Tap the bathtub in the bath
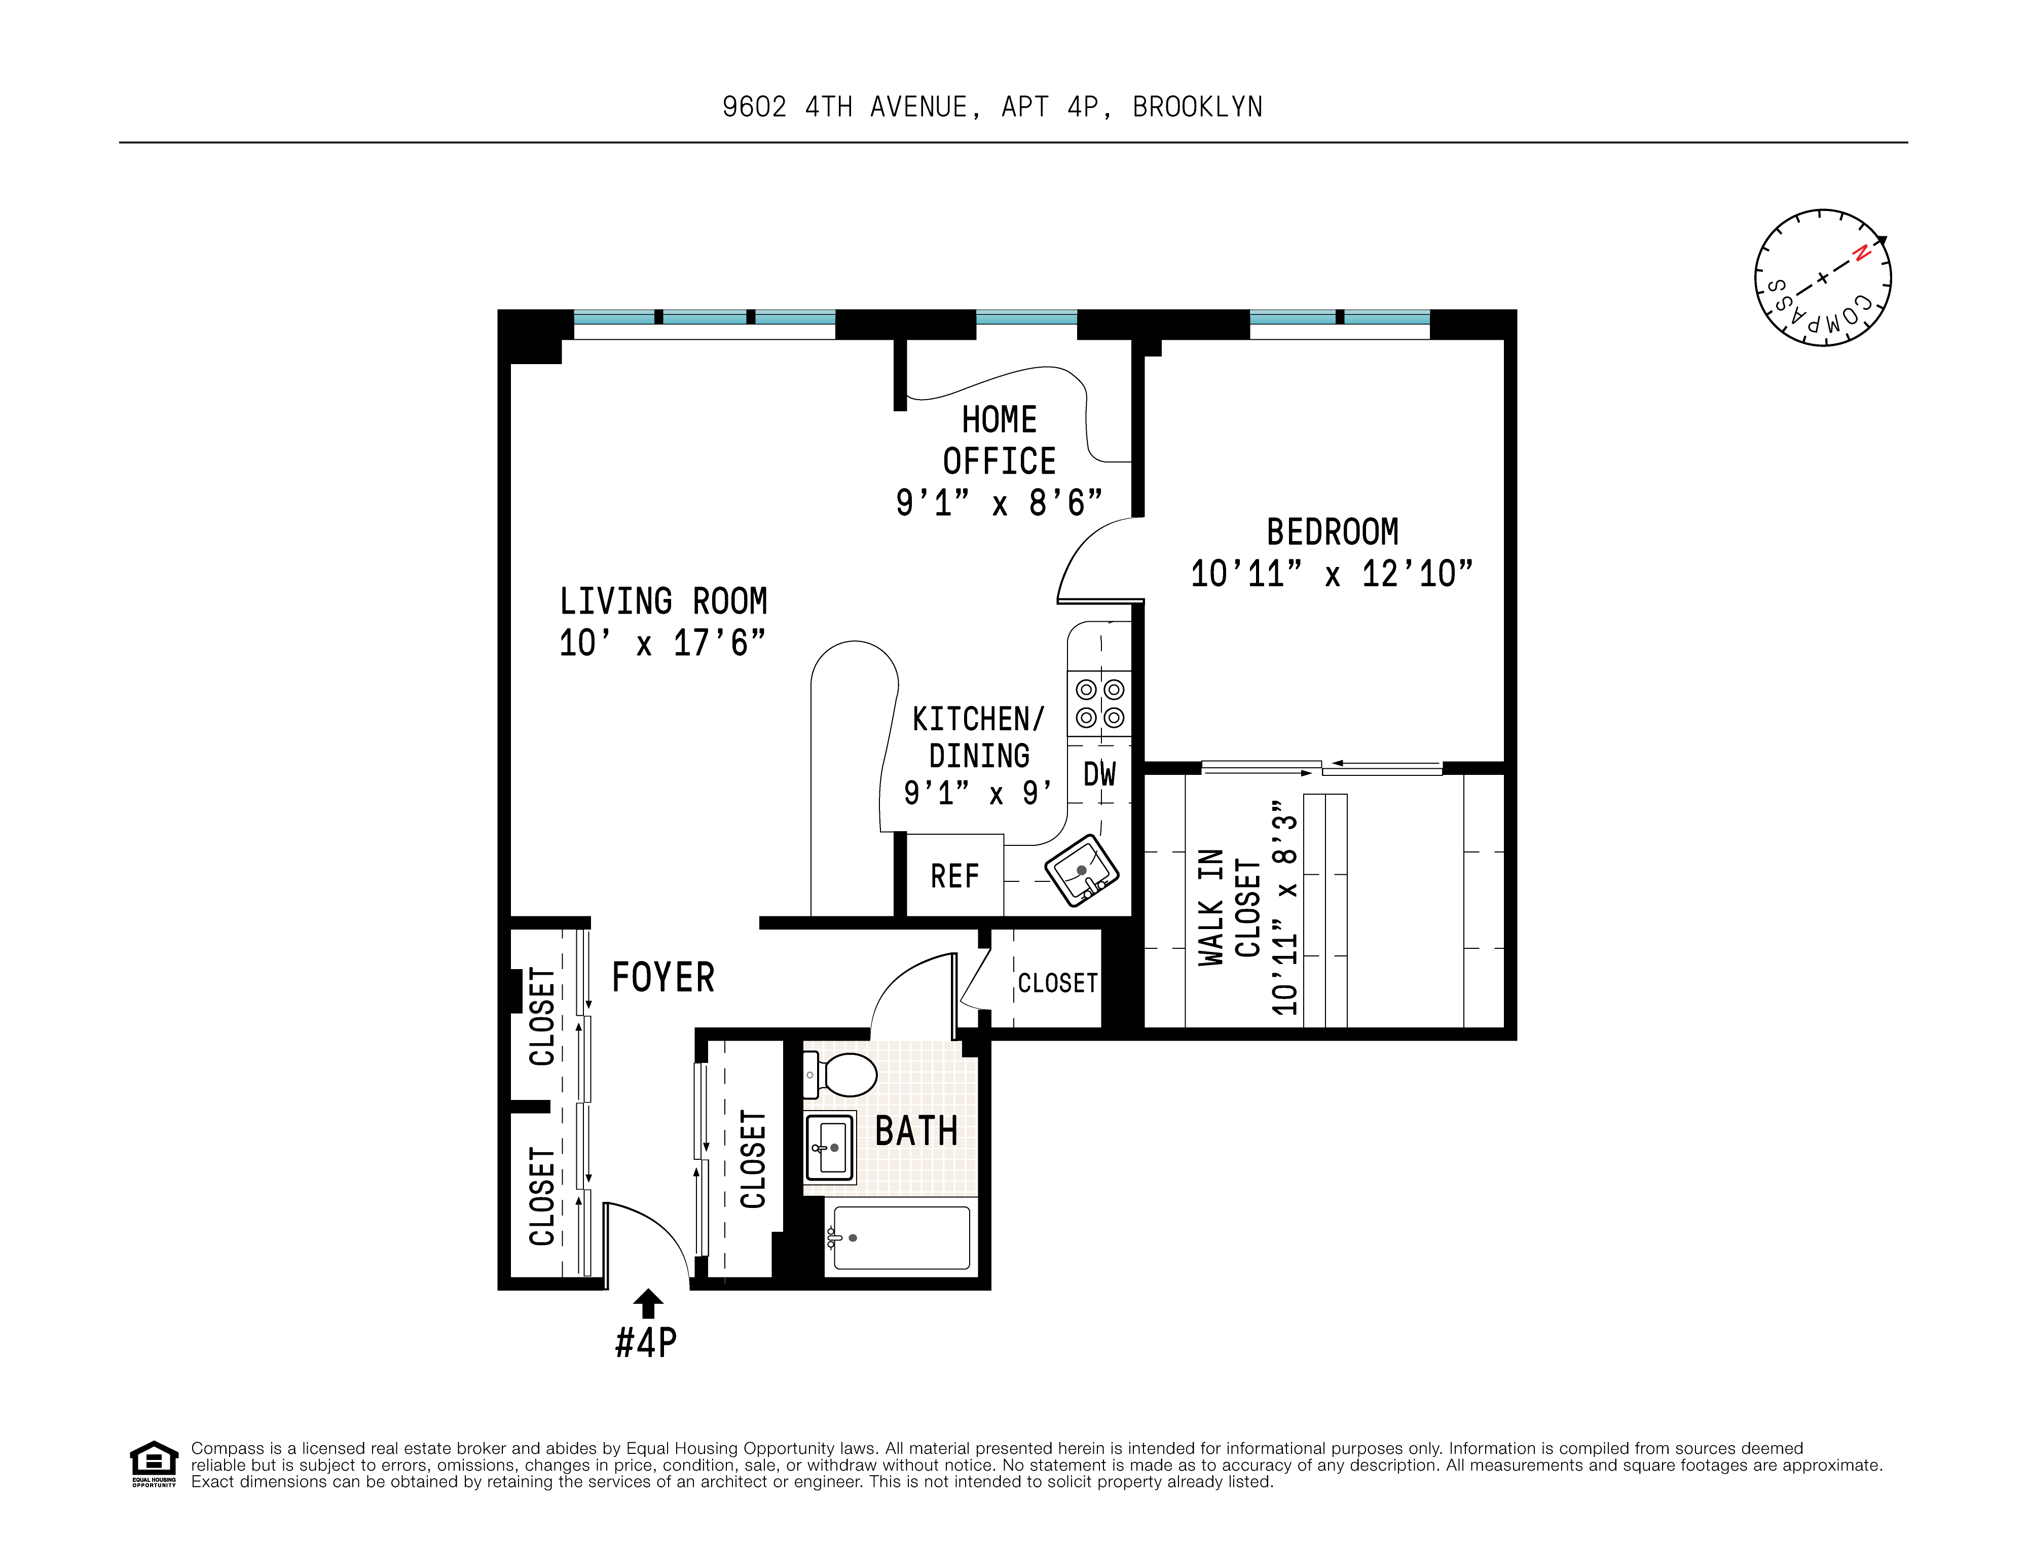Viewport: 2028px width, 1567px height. pos(901,1237)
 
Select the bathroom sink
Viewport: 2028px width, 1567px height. pos(829,1148)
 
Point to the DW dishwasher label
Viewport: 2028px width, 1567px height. pos(1099,774)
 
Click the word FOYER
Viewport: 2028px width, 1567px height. pos(663,977)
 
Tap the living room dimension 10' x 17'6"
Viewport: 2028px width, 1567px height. pos(662,643)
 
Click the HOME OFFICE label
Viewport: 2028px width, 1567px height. pos(999,440)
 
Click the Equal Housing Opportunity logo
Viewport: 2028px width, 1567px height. pos(153,1463)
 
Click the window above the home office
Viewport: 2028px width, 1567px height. pos(1026,317)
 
